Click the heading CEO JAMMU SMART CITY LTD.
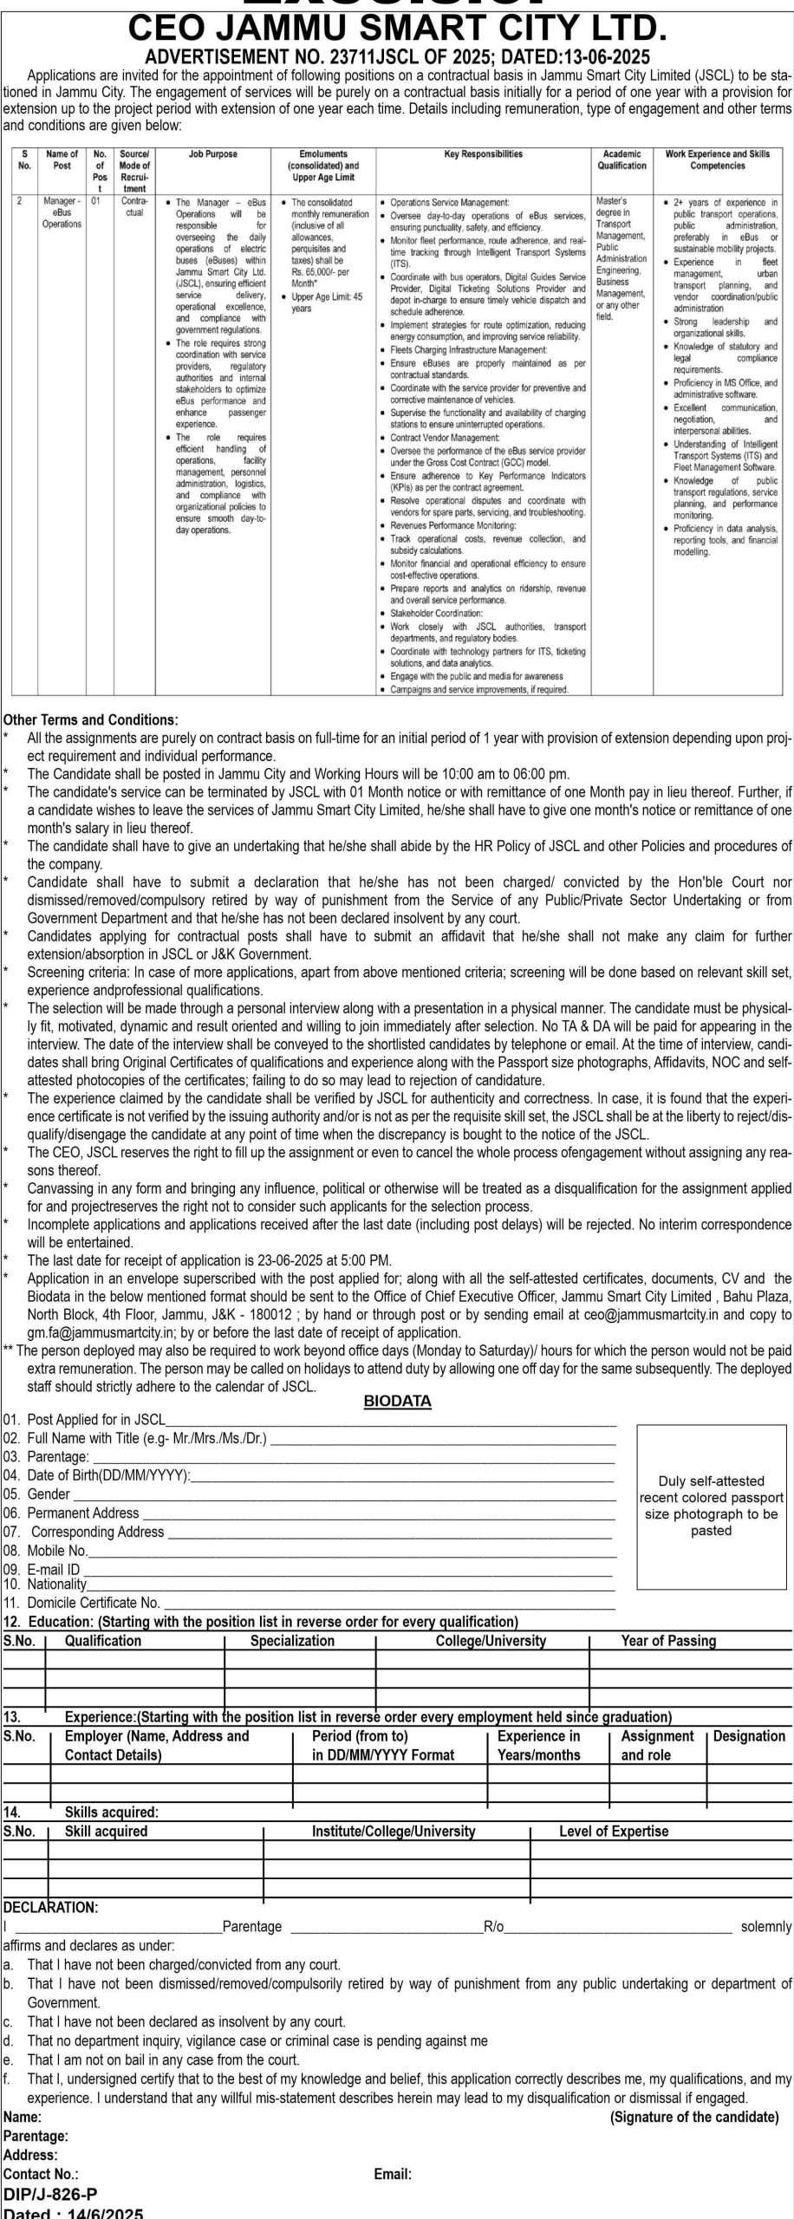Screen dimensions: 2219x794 coord(397,29)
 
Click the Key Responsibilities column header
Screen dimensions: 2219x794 coord(483,154)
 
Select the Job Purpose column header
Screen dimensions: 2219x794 coord(212,154)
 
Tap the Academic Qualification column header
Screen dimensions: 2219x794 coord(622,159)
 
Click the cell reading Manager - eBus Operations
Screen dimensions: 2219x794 coord(62,212)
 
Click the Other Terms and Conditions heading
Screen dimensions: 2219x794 coord(90,719)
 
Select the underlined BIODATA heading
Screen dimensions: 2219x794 coord(397,1401)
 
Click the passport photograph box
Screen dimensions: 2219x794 coord(711,1506)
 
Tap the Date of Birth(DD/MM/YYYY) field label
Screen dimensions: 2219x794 coord(96,1475)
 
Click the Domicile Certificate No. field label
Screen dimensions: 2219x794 coord(81,1603)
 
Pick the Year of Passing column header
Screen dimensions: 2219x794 coord(668,1641)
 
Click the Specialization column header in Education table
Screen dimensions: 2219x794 coord(292,1641)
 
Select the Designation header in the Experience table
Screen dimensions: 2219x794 coord(749,1736)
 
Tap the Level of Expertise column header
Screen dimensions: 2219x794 coord(614,1832)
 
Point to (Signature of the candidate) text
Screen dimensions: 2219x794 coord(694,2117)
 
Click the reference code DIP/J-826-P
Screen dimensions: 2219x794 coord(50,2194)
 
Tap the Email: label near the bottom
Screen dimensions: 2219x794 coord(393,2174)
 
